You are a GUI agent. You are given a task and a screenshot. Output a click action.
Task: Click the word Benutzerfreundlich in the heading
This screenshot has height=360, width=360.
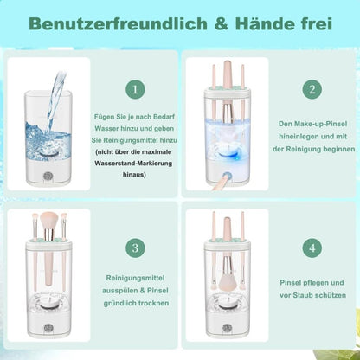118,24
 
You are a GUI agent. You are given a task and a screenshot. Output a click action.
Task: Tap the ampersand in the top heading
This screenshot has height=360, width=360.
222,24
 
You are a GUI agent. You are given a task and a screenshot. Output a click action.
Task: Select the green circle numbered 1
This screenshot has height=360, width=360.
135,89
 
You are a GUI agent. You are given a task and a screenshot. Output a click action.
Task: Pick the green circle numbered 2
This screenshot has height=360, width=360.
312,89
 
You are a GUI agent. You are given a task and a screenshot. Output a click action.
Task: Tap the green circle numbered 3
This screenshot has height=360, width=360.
135,248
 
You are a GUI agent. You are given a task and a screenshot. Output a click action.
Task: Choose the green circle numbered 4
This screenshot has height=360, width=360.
312,248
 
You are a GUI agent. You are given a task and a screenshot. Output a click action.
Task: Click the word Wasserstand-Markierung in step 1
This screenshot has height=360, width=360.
133,164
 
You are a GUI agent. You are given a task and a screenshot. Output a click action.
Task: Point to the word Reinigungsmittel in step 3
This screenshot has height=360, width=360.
135,278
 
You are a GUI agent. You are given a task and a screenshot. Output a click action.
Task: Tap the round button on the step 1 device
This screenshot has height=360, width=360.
48,177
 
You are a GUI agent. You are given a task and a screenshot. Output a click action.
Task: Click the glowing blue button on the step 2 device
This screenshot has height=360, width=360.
228,176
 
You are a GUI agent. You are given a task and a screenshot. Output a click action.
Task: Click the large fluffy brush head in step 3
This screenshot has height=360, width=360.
50,221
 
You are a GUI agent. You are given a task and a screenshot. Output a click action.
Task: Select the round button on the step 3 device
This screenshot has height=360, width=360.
48,328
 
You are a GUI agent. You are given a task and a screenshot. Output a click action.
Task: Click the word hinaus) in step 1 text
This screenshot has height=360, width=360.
134,175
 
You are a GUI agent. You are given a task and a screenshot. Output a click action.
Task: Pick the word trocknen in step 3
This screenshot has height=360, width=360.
153,304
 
